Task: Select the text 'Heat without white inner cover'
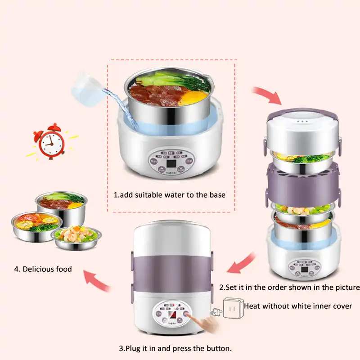[x=298, y=306]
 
